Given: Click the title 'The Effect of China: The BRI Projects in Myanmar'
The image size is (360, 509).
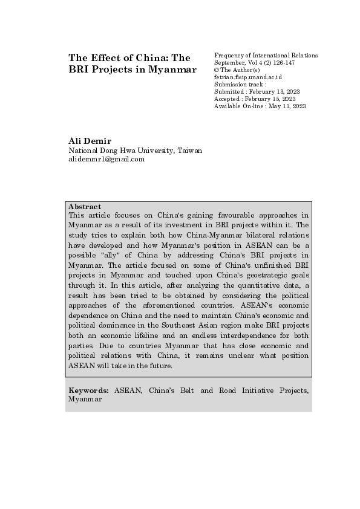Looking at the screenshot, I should (x=133, y=63).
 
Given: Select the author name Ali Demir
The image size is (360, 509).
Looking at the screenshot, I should (x=90, y=141).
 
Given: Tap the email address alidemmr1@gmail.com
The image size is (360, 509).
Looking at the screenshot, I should (x=106, y=160).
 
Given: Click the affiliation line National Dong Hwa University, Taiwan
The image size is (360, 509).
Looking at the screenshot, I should (x=135, y=151).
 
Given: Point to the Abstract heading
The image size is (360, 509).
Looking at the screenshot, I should (x=85, y=206).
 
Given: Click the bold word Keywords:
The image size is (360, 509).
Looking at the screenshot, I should (x=90, y=391).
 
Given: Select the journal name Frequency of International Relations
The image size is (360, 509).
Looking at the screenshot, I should (x=266, y=56).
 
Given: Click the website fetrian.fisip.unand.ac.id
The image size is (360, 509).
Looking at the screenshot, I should (x=248, y=77).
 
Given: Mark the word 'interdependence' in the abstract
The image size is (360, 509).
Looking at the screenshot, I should (x=246, y=335).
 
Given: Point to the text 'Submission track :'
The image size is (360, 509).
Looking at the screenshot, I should (x=240, y=85).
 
